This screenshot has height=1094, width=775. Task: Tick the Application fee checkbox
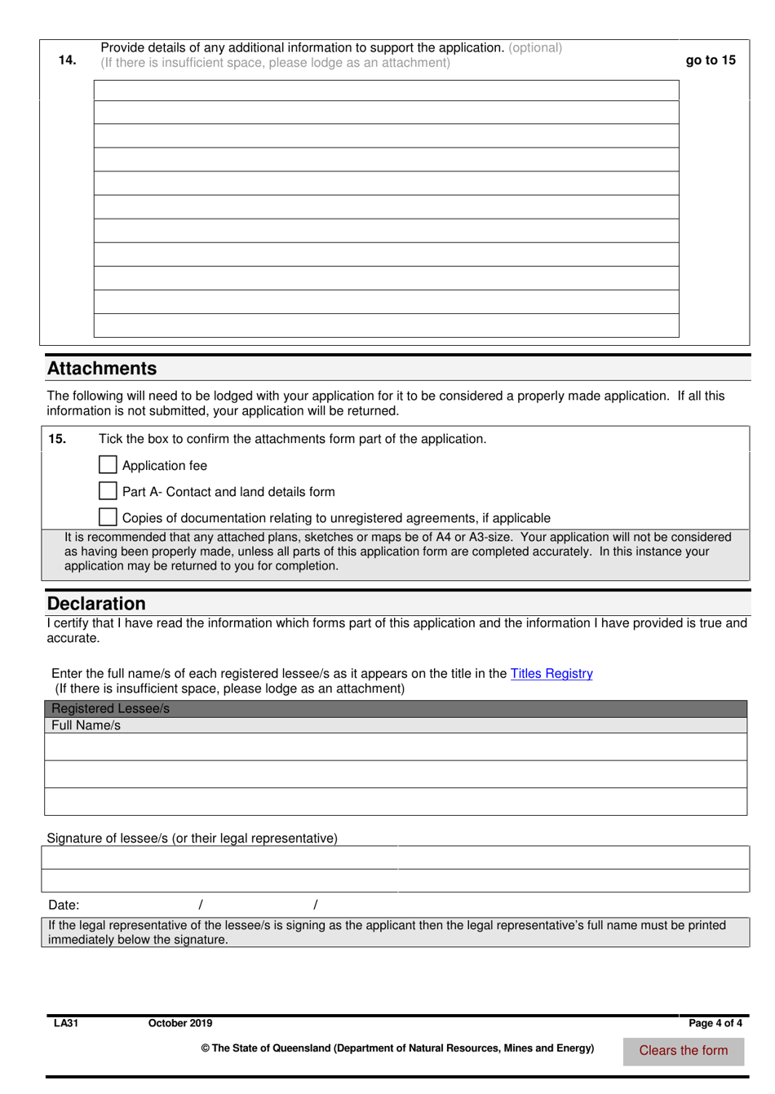(x=108, y=465)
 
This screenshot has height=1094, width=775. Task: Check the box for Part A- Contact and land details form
(x=108, y=491)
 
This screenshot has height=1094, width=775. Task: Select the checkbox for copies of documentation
(x=108, y=517)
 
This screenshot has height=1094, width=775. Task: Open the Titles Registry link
(x=551, y=674)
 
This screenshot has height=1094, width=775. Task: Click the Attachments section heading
(x=102, y=369)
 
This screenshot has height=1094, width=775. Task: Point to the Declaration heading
(x=96, y=604)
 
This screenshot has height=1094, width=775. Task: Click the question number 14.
(x=67, y=60)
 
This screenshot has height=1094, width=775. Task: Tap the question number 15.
(x=57, y=439)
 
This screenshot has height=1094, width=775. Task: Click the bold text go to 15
(x=711, y=60)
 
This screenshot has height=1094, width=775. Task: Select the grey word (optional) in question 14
(x=535, y=48)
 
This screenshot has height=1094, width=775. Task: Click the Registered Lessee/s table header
(x=111, y=709)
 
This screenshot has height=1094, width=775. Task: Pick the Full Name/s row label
(x=86, y=725)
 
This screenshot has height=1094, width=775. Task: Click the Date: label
(x=64, y=905)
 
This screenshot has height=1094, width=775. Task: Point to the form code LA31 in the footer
(x=66, y=1023)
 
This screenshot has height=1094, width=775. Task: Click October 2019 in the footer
(x=180, y=1023)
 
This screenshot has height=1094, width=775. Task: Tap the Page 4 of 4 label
(x=715, y=1023)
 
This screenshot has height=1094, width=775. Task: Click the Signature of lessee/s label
(x=192, y=839)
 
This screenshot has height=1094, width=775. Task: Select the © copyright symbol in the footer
(x=206, y=1048)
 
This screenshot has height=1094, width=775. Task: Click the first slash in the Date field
(x=201, y=905)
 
